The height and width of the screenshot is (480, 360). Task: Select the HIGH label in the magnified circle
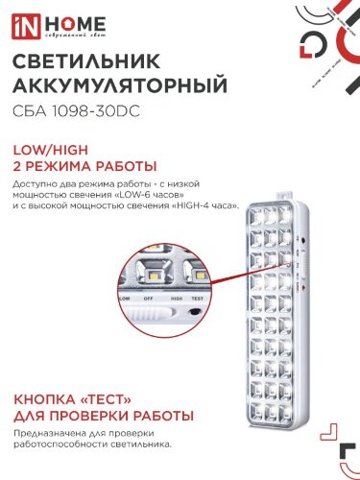pyautogui.click(x=176, y=299)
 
